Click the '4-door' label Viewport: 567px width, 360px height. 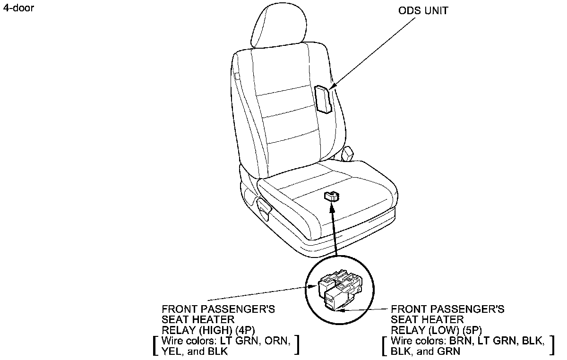click(x=18, y=9)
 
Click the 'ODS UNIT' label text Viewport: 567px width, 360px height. click(x=422, y=11)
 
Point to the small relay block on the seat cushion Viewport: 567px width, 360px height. click(x=332, y=196)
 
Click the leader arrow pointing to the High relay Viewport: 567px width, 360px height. click(x=260, y=293)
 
